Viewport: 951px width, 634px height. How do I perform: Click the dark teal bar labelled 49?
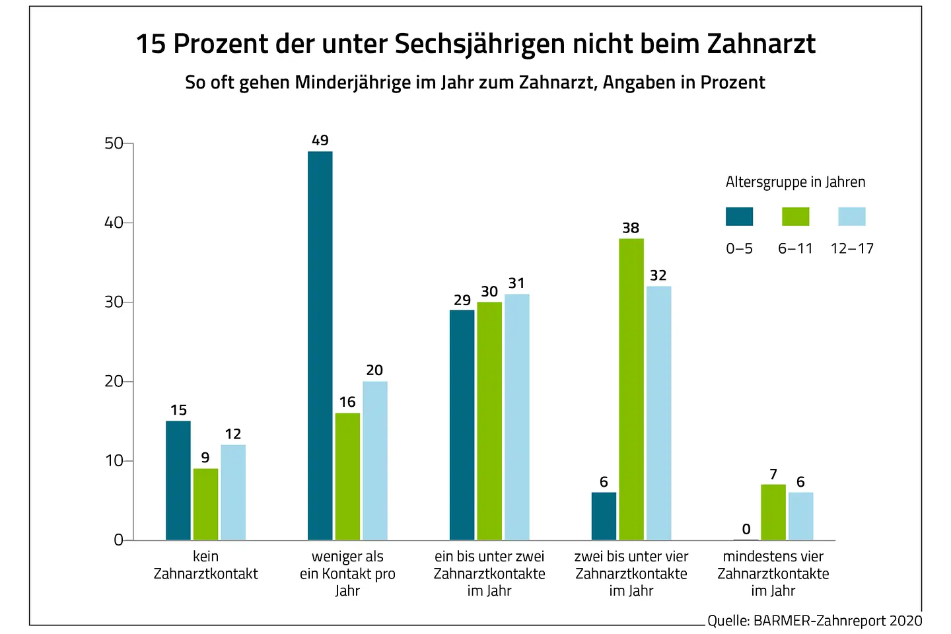(320, 345)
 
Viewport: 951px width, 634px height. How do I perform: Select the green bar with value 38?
(631, 389)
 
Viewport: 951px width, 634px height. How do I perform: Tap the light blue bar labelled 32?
(658, 413)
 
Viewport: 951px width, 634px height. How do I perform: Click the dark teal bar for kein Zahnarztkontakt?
(178, 480)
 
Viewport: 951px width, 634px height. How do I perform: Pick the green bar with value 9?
(205, 504)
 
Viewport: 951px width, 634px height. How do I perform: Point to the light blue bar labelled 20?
(374, 460)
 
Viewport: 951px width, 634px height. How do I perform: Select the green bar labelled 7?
(773, 512)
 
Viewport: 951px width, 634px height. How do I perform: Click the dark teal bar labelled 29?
(462, 425)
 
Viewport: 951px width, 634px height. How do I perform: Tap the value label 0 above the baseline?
(746, 529)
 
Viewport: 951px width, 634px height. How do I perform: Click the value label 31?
(516, 283)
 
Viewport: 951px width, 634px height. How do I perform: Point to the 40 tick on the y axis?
(114, 223)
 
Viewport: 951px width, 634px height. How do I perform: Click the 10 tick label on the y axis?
(114, 461)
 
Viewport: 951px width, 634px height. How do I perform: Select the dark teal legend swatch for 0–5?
(739, 217)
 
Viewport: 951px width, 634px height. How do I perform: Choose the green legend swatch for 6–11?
(795, 217)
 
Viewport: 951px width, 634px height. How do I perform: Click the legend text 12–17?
(852, 249)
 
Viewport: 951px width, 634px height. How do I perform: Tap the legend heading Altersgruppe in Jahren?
(795, 182)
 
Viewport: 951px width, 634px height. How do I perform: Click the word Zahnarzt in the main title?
(761, 44)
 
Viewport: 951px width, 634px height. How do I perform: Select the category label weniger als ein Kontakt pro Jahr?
(347, 573)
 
